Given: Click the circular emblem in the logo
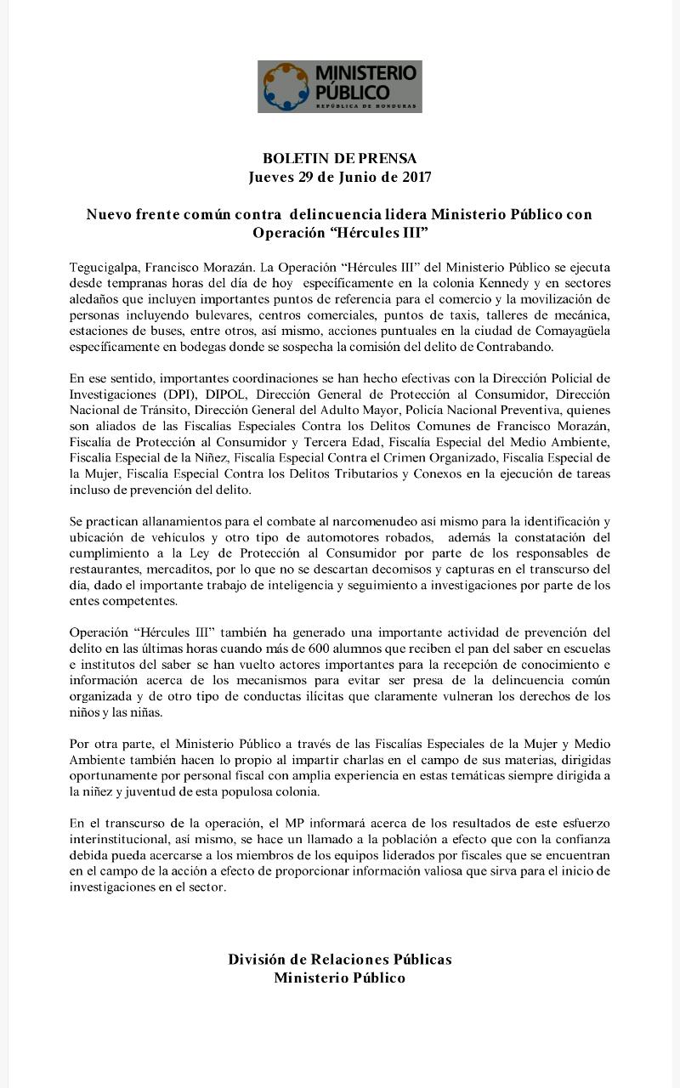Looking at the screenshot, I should [286, 86].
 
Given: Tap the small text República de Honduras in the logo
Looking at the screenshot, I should [366, 106].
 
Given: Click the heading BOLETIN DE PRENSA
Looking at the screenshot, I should [339, 158].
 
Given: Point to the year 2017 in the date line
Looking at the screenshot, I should [414, 177].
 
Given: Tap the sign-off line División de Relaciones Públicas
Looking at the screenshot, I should [339, 959].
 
